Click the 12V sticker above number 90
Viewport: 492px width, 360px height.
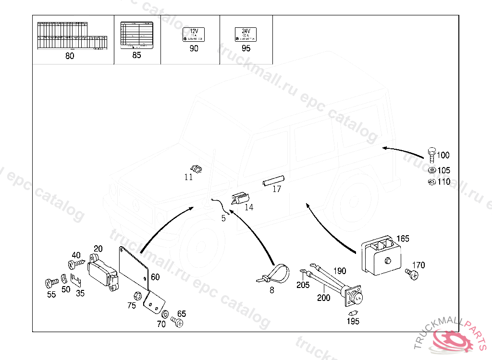pyautogui.click(x=194, y=35)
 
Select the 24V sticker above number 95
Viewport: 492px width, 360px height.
pyautogui.click(x=246, y=35)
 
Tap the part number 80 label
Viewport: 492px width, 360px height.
pyautogui.click(x=70, y=56)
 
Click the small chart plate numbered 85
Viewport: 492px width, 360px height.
pyautogui.click(x=136, y=34)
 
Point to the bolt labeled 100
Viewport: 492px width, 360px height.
pyautogui.click(x=431, y=155)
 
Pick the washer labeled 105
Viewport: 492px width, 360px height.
pyautogui.click(x=431, y=170)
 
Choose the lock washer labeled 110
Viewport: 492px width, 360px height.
pyautogui.click(x=431, y=181)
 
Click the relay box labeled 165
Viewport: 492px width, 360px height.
pyautogui.click(x=380, y=257)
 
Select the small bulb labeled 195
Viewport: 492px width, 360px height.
pyautogui.click(x=352, y=312)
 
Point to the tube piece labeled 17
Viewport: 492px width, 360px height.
pyautogui.click(x=273, y=180)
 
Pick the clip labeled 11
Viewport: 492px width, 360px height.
pyautogui.click(x=196, y=168)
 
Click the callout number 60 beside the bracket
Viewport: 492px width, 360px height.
pyautogui.click(x=155, y=277)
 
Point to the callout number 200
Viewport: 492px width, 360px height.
pyautogui.click(x=324, y=298)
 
